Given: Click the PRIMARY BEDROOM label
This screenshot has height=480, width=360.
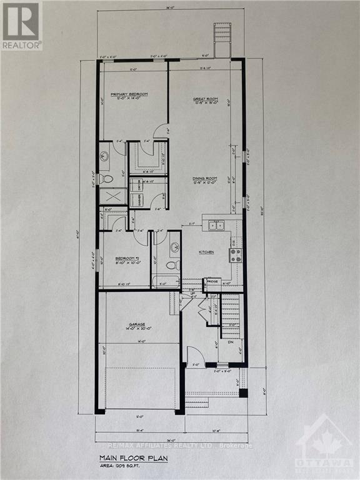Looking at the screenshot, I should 129,94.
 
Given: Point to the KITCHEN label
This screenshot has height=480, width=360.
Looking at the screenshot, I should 206,252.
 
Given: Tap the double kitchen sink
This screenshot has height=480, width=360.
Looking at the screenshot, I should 216,225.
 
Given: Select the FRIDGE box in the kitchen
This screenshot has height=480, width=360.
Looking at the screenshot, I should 213,282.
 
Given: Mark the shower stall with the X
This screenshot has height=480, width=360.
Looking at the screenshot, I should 110,197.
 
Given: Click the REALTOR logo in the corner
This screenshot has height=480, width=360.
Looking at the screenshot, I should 21,26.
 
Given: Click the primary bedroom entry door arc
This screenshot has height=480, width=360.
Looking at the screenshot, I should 161,131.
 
